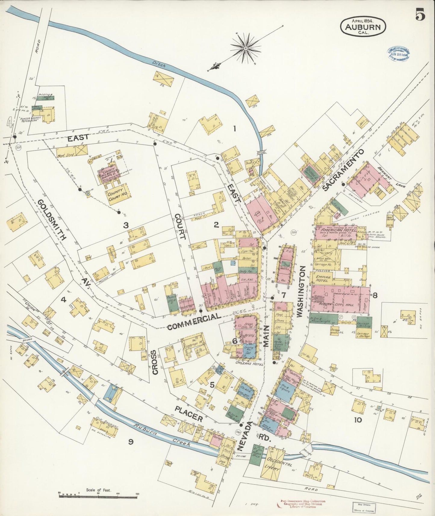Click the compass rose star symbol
[x=245, y=48]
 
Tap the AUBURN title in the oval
[x=365, y=27]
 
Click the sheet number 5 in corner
[x=420, y=14]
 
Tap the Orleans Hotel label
[x=250, y=363]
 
